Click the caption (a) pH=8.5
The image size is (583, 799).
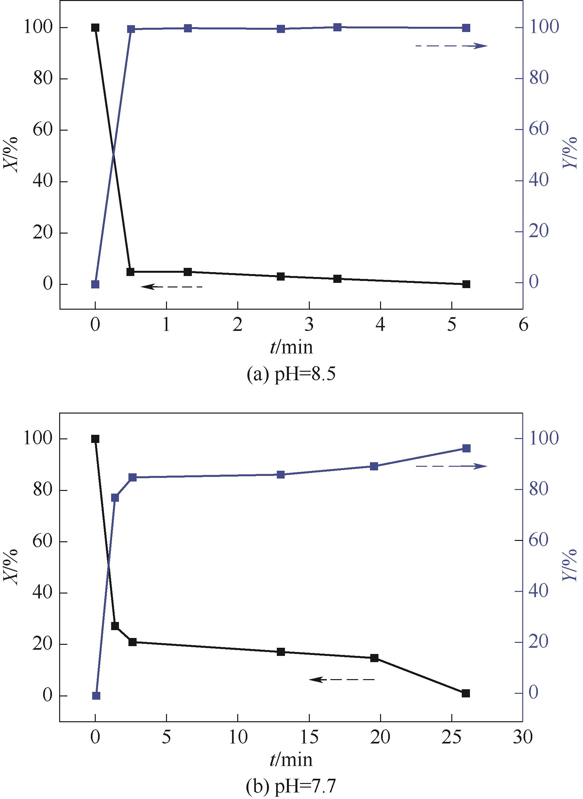[x=291, y=375]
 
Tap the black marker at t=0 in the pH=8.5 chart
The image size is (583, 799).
[x=95, y=27]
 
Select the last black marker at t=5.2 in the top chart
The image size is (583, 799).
[x=466, y=284]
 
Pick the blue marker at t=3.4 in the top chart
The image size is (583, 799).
[x=337, y=27]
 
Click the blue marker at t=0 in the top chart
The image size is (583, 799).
[x=95, y=284]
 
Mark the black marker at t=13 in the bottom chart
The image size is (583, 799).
[x=281, y=652]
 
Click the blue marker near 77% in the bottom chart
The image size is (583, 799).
[x=115, y=497]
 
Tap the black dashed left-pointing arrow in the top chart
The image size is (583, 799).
[x=172, y=286]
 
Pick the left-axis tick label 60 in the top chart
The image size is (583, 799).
[x=43, y=130]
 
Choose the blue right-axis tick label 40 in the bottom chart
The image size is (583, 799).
[x=539, y=592]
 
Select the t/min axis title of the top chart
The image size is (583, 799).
[x=291, y=347]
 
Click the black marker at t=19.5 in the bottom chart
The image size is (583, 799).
[x=374, y=658]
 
